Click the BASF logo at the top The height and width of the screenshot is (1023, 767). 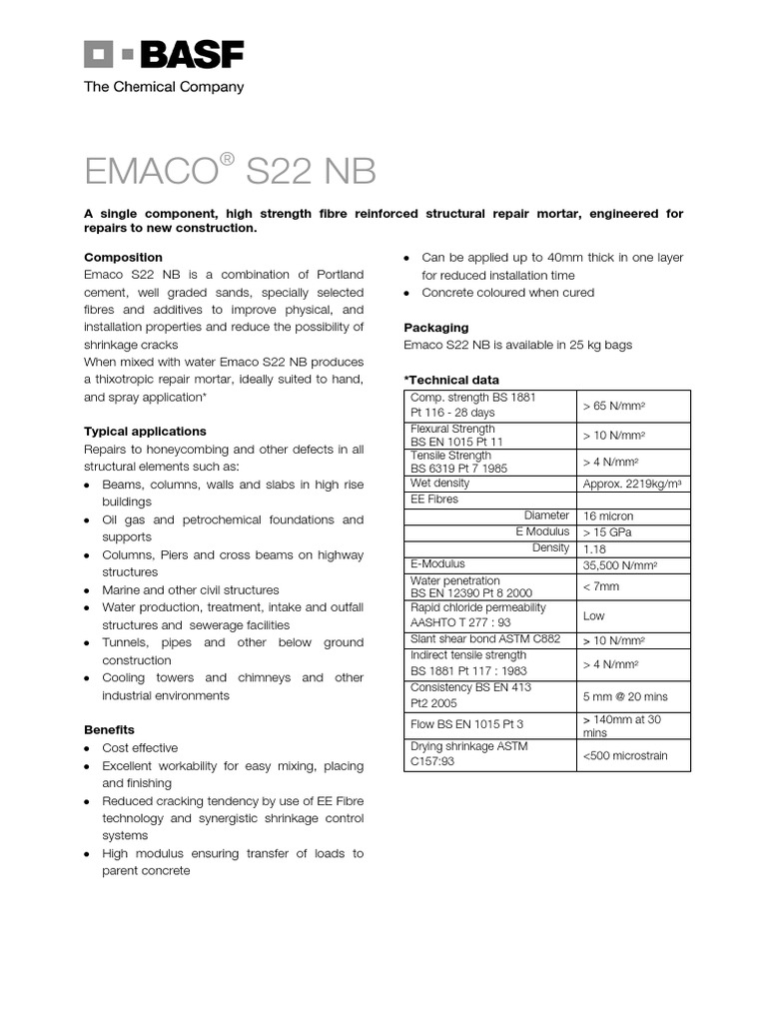point(164,56)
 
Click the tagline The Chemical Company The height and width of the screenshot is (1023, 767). point(164,87)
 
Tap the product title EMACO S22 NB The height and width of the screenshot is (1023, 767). point(230,172)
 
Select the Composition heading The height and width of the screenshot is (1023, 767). point(123,257)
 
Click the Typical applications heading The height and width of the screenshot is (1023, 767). point(145,432)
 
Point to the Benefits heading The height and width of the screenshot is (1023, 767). point(109,729)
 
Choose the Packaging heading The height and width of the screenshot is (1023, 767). point(435,328)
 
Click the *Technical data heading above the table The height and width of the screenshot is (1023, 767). point(451,380)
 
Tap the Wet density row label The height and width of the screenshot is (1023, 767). point(440,483)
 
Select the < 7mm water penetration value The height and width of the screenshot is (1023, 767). point(600,586)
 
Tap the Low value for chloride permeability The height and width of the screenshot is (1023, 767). point(594,615)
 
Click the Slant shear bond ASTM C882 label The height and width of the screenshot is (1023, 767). point(485,638)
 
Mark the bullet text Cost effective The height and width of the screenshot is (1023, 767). point(140,747)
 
